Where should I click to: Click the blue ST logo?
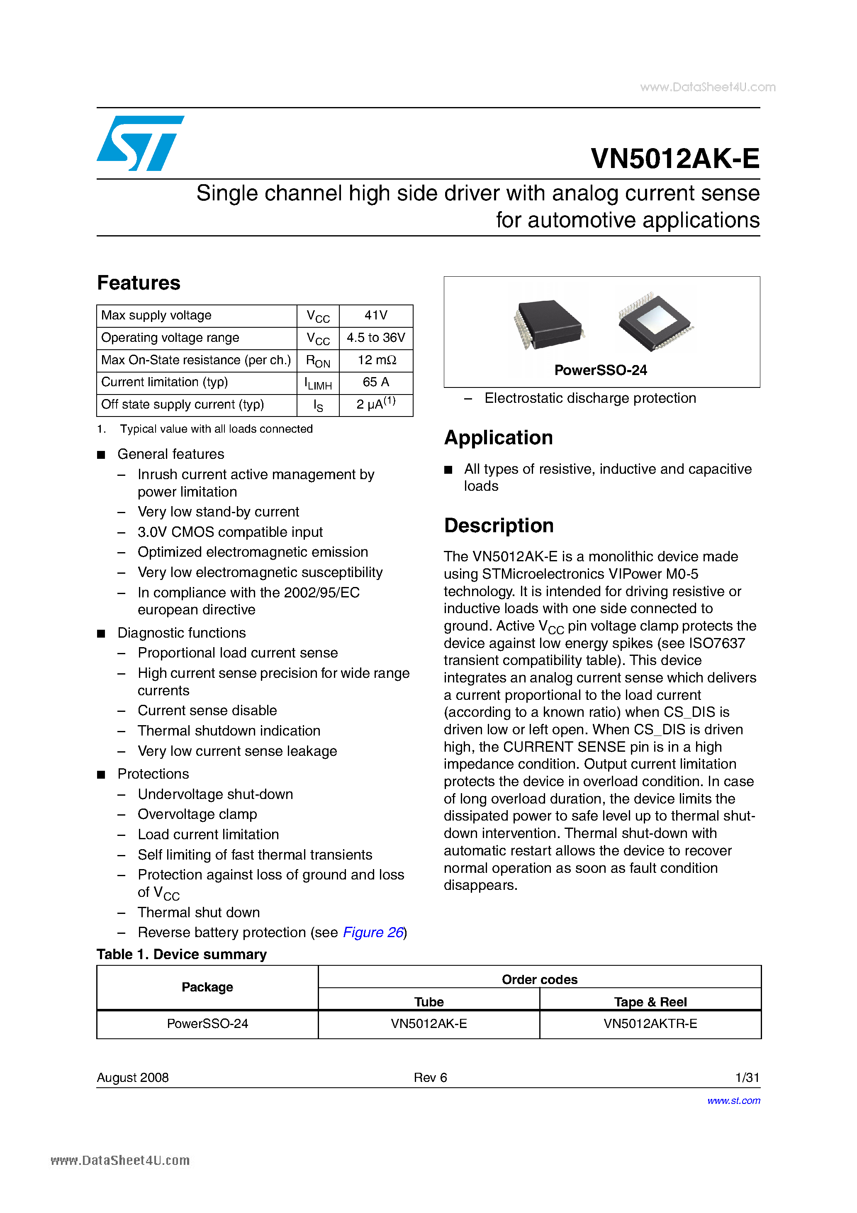pos(140,143)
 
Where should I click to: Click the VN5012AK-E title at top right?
pos(675,158)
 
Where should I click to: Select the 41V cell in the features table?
pos(376,315)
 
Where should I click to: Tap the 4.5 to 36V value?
pos(376,338)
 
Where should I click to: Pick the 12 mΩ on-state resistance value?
pos(376,360)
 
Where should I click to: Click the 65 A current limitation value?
pos(376,382)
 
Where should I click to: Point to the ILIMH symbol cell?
pos(318,383)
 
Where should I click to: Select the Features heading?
pos(139,283)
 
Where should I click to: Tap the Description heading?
pos(499,525)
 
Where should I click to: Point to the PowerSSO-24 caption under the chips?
pos(600,370)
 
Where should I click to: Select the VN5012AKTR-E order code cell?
pos(650,1023)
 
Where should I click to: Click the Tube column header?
pos(428,1002)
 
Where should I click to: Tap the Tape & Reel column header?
pos(650,1002)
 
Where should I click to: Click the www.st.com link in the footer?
pos(733,1101)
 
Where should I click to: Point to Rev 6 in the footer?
pos(430,1077)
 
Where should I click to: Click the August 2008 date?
pos(133,1077)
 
